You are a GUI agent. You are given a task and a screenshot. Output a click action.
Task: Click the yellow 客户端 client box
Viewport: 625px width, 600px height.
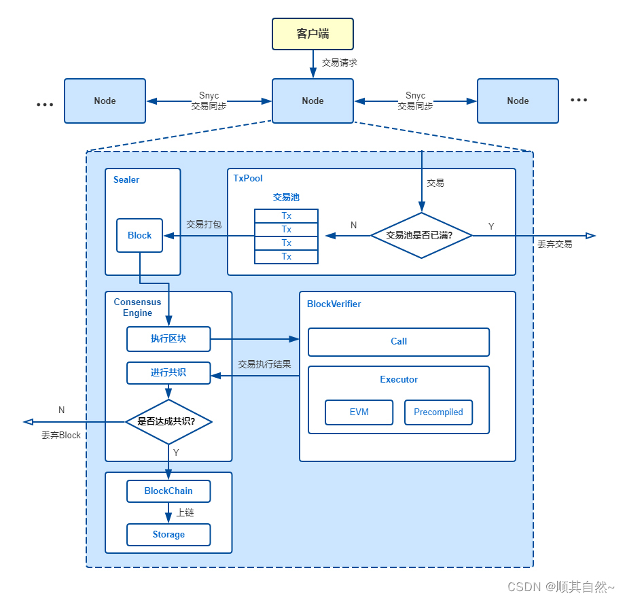(312, 34)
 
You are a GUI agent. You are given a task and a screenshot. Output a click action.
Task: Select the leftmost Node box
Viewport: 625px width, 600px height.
(105, 101)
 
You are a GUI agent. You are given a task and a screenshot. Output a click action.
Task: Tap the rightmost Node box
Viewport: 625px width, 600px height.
(518, 101)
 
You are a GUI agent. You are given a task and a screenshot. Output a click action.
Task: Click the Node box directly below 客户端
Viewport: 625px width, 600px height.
(312, 101)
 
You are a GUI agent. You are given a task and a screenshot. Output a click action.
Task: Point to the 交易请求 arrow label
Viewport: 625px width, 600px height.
(340, 63)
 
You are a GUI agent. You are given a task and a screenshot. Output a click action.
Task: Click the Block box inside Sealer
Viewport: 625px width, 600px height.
(139, 235)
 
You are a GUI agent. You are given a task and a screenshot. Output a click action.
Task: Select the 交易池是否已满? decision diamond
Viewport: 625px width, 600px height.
(421, 235)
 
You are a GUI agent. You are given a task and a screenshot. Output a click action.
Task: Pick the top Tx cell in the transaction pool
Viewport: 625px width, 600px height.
(286, 215)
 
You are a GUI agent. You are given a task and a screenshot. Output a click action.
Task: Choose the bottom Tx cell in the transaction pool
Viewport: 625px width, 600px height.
(286, 257)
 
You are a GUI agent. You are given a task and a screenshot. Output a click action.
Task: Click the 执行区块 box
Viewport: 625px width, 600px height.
(168, 339)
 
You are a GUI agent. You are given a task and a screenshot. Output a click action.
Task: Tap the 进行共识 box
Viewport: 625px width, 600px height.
(168, 373)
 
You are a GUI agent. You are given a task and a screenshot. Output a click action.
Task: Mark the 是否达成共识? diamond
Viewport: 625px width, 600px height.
(168, 421)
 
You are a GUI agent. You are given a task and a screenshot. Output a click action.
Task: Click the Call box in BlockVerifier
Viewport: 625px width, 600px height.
(399, 342)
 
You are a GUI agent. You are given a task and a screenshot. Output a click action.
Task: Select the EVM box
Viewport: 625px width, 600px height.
(359, 412)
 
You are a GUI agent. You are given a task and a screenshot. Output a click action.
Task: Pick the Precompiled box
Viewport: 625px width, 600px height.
(438, 412)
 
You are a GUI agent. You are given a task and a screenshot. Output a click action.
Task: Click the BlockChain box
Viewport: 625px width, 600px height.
(168, 491)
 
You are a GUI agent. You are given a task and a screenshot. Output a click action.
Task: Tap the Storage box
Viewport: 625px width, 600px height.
(168, 535)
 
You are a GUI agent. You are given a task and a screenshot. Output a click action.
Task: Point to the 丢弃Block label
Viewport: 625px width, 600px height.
(61, 436)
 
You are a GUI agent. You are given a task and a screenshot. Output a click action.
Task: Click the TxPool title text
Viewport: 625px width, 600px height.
(248, 178)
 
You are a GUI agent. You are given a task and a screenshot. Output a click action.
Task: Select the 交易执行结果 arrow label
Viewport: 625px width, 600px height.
(264, 364)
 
